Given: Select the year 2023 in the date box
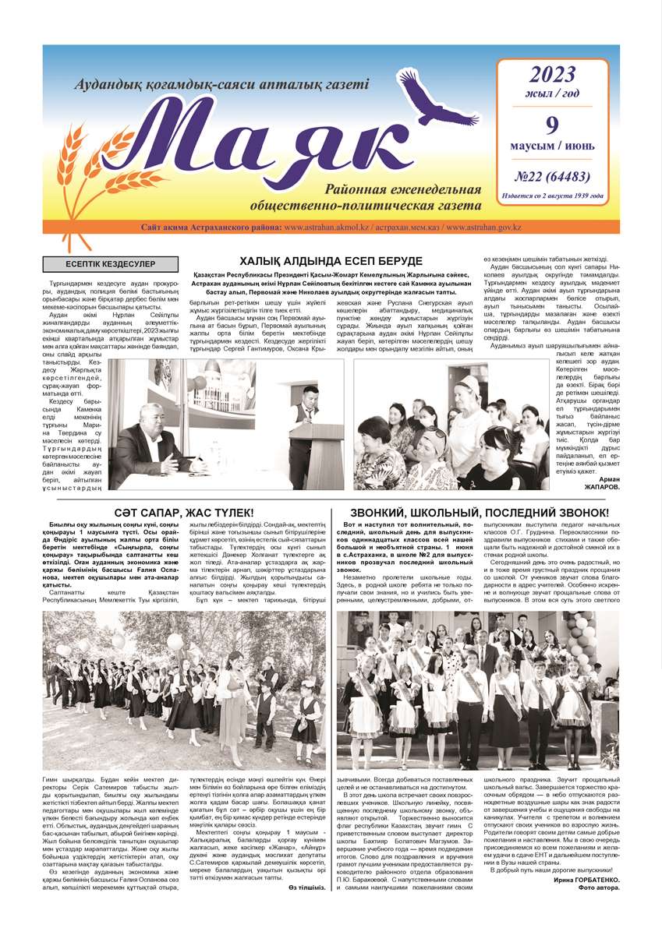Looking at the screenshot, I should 552,75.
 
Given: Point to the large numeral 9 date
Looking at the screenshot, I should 552,125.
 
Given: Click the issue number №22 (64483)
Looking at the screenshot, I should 552,176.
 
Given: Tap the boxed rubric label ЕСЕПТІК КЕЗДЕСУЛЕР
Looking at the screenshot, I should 110,265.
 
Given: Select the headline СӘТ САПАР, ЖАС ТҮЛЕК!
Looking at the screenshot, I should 184,512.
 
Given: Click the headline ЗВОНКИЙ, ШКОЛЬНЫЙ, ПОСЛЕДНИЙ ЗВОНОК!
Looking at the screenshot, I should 480,512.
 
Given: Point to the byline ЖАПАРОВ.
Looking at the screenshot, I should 601,487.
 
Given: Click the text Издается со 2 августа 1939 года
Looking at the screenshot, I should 553,196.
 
